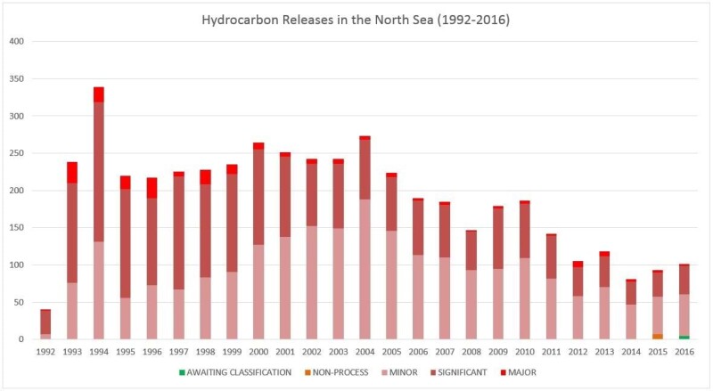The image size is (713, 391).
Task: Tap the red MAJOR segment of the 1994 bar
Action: [99, 94]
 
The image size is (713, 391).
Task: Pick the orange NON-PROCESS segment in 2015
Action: [658, 337]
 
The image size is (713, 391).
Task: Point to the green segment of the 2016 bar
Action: [684, 338]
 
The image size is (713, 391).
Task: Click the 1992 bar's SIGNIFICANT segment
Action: [45, 322]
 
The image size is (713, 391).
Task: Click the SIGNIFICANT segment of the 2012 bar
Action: [578, 281]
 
